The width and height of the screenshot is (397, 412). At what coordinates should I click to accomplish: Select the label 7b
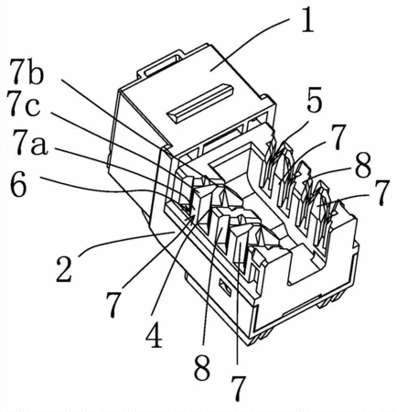click(27, 72)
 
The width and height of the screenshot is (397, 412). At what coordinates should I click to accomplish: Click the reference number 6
click(19, 186)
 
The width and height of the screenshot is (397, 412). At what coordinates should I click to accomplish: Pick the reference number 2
click(64, 269)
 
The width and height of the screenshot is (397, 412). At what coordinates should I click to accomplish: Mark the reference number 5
click(314, 101)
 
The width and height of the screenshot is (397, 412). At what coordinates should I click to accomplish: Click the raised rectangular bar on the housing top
click(199, 103)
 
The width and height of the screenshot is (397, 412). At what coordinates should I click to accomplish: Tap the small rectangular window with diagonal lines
click(225, 287)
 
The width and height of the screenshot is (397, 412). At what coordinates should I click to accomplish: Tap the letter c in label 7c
click(33, 107)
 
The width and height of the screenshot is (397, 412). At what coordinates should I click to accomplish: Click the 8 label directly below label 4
click(202, 367)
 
